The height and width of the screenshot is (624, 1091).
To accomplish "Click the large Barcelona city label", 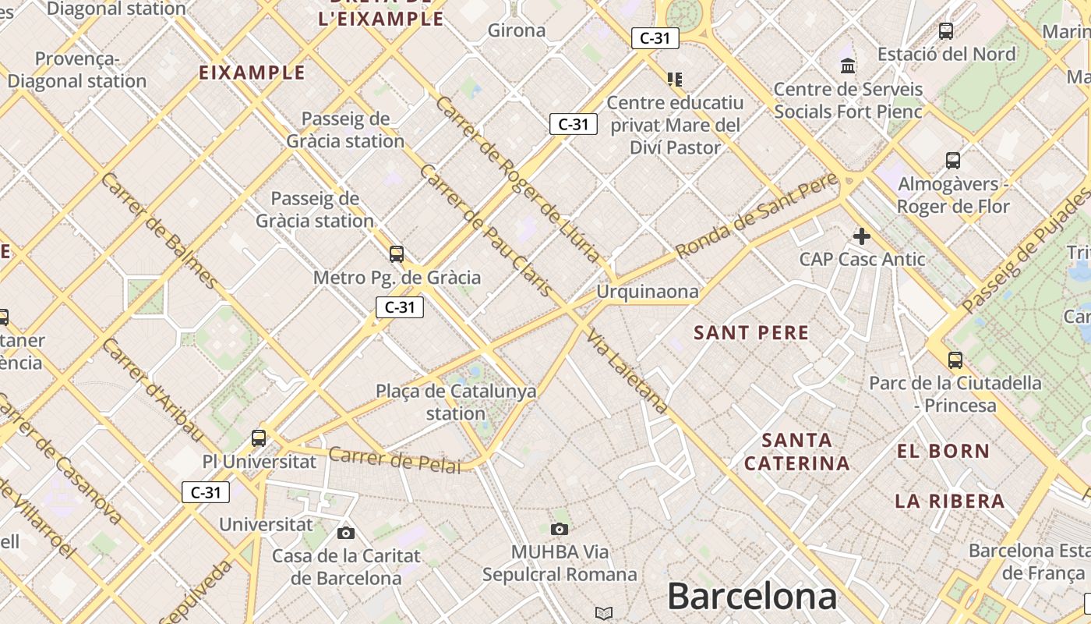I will (x=752, y=597).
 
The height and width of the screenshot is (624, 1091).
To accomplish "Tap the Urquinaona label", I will (x=648, y=292).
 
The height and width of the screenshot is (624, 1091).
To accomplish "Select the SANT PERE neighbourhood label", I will (x=751, y=333).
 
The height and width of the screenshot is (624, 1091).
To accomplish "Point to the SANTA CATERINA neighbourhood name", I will (x=796, y=452).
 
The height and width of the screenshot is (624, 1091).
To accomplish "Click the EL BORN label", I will (x=943, y=451).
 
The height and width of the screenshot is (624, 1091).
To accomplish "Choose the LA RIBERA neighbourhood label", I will (x=949, y=501).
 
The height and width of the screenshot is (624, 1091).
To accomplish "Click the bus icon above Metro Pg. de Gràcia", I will (x=397, y=253).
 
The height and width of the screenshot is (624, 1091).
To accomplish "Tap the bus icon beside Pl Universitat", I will (x=259, y=438).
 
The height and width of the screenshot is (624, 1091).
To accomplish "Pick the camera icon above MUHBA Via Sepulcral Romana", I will (x=559, y=530).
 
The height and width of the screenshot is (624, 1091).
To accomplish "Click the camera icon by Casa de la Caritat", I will (x=346, y=534).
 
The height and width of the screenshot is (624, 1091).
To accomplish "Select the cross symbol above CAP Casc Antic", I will (x=862, y=236).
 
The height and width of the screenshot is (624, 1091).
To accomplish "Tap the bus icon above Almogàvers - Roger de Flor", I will (x=952, y=161).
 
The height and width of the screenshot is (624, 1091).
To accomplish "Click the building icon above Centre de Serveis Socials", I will (x=848, y=66).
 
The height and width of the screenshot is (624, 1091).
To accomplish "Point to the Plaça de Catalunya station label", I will (x=456, y=402).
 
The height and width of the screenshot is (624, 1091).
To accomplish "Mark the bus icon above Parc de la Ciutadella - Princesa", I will (x=955, y=360).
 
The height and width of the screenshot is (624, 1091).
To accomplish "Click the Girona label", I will (x=517, y=30).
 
